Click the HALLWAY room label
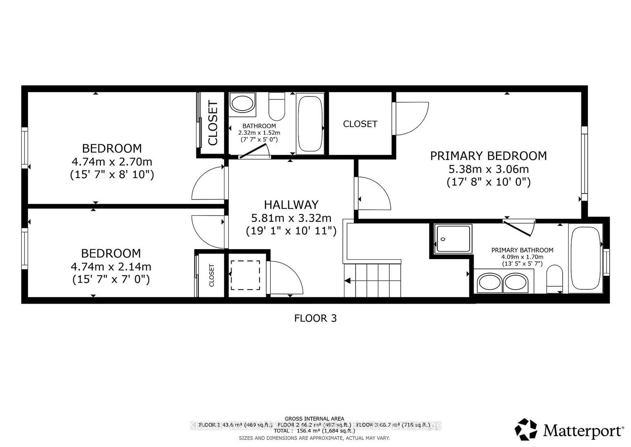tap(291, 205)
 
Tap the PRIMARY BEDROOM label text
tap(488, 156)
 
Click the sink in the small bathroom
tap(242, 103)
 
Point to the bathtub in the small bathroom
tap(310, 123)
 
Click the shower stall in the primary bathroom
tap(453, 239)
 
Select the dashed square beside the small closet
tap(245, 275)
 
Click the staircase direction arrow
tap(348, 281)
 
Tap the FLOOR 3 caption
tap(315, 318)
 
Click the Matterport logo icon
tap(526, 430)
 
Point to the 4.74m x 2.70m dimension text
tap(112, 162)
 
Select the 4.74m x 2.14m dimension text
tap(111, 267)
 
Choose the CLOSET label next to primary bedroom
tap(360, 124)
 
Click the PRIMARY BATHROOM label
tap(522, 250)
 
